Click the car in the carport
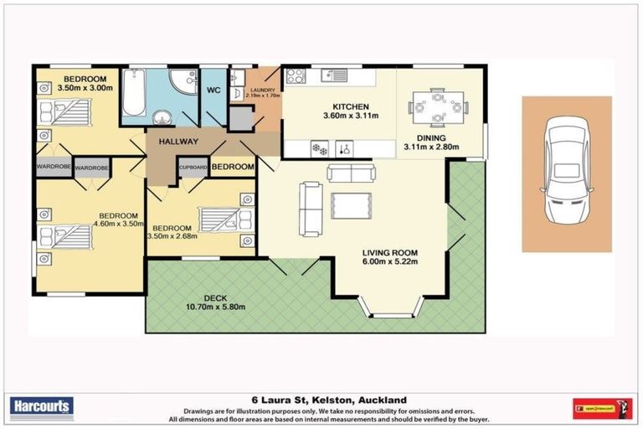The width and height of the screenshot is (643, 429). pos(567,173)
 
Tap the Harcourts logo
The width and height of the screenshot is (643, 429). pos(43,407)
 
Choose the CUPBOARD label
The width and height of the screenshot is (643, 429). pos(193,167)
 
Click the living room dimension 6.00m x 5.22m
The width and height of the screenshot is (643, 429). pos(389,263)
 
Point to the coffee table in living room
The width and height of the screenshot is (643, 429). pos(352,205)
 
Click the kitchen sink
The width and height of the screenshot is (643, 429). pos(337,75)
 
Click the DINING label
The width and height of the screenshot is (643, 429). pos(430,138)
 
